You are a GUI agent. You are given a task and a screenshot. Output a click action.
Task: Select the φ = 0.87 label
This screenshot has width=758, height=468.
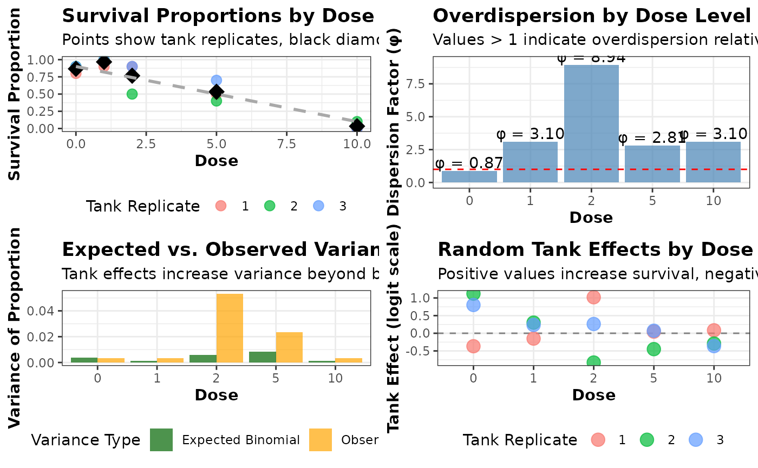pyautogui.click(x=469, y=163)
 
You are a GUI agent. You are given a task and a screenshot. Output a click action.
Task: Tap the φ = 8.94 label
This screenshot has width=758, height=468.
pyautogui.click(x=591, y=57)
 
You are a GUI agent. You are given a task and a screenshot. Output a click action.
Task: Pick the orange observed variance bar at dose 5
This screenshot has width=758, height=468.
pyautogui.click(x=289, y=347)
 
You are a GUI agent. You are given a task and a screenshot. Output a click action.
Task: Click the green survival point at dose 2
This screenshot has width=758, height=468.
pyautogui.click(x=132, y=94)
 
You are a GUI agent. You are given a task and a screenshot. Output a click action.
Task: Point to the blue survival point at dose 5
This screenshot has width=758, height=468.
pyautogui.click(x=217, y=80)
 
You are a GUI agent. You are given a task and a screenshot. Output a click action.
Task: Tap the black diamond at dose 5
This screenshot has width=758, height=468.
pyautogui.click(x=217, y=92)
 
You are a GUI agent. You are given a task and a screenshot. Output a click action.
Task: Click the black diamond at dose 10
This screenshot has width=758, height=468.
pyautogui.click(x=357, y=126)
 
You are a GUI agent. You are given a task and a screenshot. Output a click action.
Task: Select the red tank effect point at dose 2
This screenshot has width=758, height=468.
pyautogui.click(x=593, y=297)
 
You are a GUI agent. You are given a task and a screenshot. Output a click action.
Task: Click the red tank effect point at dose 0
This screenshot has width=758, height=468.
pyautogui.click(x=473, y=346)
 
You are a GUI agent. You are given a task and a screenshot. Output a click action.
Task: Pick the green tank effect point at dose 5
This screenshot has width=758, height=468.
pyautogui.click(x=654, y=349)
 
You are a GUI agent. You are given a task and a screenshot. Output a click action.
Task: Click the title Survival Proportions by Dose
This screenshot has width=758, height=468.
pyautogui.click(x=218, y=16)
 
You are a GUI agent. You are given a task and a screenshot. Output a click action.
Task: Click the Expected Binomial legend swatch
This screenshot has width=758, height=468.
pyautogui.click(x=161, y=440)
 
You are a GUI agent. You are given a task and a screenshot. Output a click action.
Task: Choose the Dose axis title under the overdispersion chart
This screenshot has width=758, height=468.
pyautogui.click(x=591, y=217)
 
